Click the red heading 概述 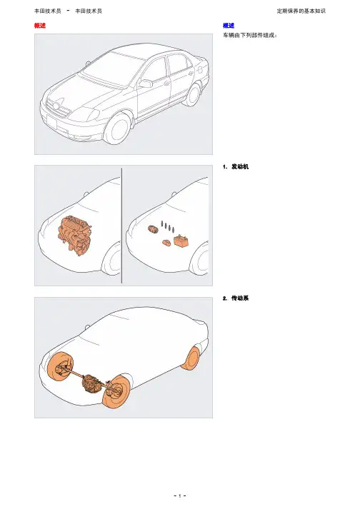coord(40,26)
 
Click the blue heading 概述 coord(229,26)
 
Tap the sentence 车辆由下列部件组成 coord(249,36)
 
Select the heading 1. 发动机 coord(236,166)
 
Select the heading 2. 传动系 coord(236,298)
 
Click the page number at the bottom coord(180,495)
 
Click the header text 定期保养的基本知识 coord(301,11)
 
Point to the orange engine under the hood coord(75,235)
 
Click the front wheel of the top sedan coord(117,129)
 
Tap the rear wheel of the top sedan coord(194,94)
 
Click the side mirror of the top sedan coord(146,84)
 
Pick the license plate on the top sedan coord(51,123)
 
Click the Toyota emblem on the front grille coord(56,106)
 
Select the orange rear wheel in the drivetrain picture coord(191,358)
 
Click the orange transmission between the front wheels coord(91,384)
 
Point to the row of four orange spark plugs coord(168,226)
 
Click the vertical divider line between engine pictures coord(122,226)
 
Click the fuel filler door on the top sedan coord(201,69)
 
